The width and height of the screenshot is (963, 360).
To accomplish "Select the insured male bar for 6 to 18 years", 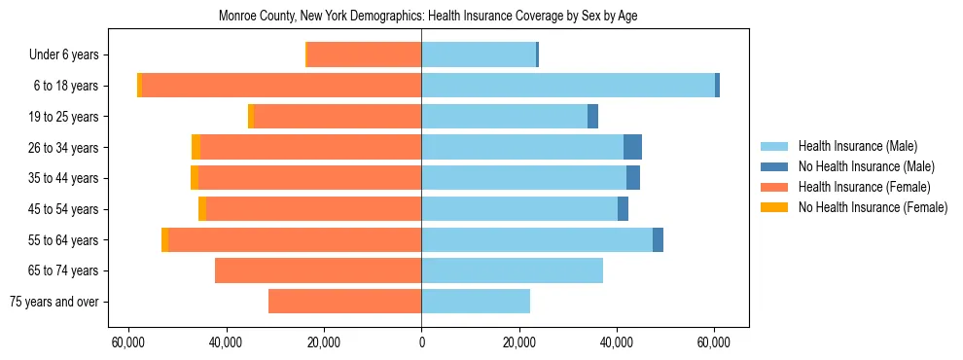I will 568,86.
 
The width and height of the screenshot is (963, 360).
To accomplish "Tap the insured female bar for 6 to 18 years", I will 282,86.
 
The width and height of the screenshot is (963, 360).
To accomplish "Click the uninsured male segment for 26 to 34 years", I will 632,147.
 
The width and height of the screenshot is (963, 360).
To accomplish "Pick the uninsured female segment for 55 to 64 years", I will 164,239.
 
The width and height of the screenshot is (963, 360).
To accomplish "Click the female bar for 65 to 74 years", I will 318,270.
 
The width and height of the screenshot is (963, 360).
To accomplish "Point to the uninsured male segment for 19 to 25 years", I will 592,117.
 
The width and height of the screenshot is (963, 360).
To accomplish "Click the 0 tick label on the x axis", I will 421,342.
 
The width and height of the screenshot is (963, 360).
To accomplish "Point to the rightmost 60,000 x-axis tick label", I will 714,342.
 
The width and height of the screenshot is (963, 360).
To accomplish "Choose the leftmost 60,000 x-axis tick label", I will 127,342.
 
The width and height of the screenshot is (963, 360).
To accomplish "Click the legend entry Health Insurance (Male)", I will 857,146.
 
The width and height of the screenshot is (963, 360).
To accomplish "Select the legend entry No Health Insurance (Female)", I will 873,207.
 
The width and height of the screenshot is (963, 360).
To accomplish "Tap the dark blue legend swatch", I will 773,166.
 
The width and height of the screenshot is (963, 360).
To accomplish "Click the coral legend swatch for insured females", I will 773,187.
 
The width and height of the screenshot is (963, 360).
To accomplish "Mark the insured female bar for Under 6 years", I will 364,54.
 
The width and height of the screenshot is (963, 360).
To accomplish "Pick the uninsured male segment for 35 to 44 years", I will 633,178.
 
